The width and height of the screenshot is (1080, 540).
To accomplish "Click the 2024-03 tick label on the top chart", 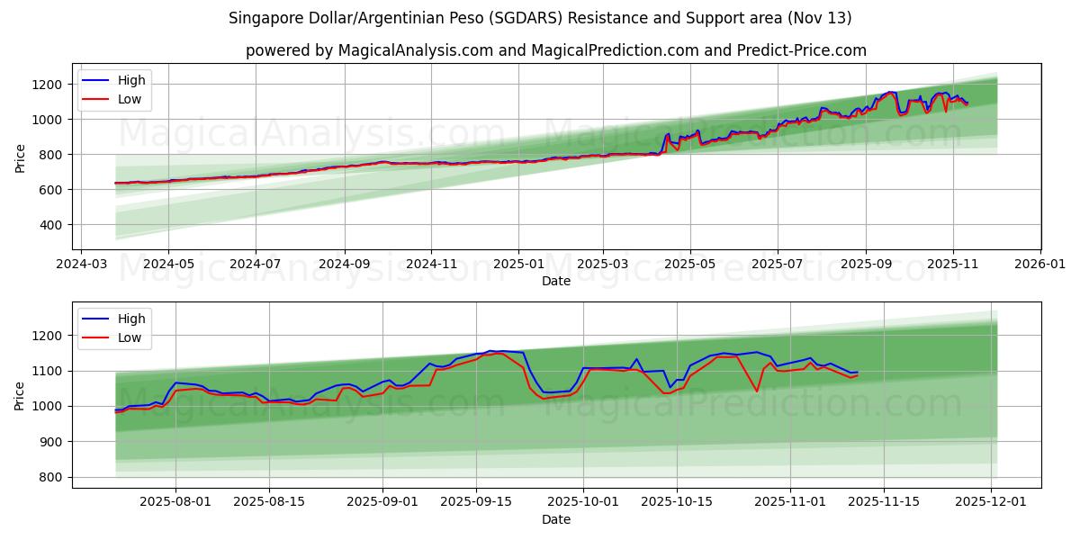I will [82, 265].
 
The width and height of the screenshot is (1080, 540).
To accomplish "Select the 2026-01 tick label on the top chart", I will [1040, 265].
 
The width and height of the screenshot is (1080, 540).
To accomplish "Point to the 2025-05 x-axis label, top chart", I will [689, 265].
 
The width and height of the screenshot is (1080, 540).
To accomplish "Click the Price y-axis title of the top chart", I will [20, 157].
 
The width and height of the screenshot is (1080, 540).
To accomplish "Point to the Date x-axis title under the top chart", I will [556, 281].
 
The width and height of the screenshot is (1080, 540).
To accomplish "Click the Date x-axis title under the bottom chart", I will [556, 519].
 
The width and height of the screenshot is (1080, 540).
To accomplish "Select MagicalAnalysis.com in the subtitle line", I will [415, 50].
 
